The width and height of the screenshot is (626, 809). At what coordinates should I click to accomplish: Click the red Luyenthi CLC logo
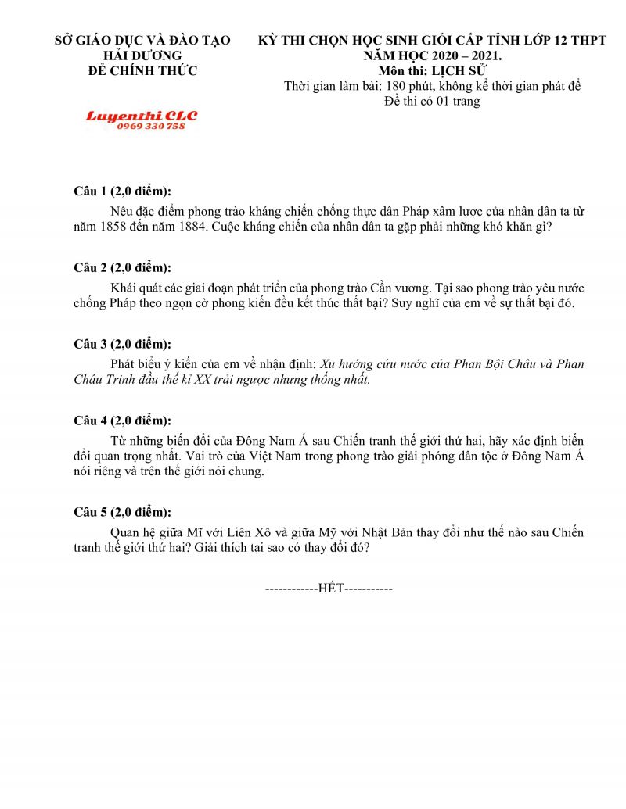(142, 116)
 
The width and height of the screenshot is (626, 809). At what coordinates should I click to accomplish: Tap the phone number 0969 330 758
(151, 127)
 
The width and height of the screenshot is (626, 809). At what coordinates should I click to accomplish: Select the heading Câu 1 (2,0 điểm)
(122, 192)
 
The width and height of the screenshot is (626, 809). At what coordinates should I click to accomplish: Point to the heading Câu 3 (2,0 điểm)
(122, 344)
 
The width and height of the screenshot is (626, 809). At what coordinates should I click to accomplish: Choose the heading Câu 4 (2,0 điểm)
(122, 421)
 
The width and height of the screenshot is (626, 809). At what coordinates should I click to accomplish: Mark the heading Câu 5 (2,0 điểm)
(122, 513)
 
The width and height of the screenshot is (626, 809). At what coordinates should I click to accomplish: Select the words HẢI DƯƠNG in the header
(142, 55)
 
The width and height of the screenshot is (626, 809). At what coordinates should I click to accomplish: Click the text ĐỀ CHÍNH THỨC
(142, 70)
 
